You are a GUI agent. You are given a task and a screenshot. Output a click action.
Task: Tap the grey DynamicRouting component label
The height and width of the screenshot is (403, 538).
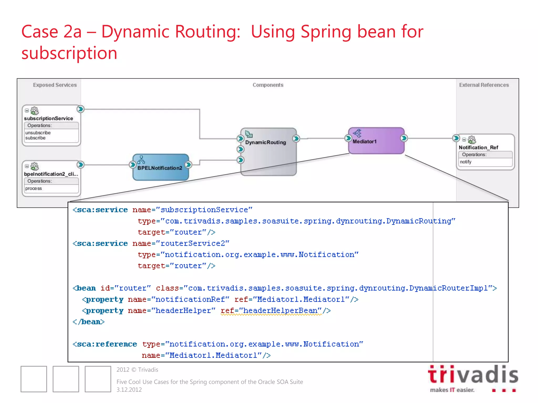click(x=265, y=142)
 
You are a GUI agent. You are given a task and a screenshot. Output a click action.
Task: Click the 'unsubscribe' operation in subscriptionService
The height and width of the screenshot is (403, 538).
click(x=38, y=133)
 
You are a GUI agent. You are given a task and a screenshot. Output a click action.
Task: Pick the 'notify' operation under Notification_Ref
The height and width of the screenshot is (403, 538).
click(x=465, y=162)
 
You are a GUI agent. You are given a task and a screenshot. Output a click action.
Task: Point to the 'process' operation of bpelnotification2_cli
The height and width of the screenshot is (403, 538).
click(x=33, y=188)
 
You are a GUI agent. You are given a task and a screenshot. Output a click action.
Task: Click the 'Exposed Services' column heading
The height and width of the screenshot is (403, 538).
click(x=55, y=85)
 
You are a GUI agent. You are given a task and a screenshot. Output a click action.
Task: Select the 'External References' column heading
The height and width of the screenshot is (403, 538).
click(x=484, y=85)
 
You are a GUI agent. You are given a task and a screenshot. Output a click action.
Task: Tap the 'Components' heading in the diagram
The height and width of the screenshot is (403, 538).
click(x=268, y=85)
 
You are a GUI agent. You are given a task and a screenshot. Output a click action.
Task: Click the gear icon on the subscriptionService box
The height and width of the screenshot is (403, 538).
click(x=34, y=111)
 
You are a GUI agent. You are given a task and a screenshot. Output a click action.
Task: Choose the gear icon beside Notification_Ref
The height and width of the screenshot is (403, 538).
click(x=472, y=140)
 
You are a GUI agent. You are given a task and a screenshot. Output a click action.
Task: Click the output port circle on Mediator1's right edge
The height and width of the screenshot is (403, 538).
click(x=404, y=138)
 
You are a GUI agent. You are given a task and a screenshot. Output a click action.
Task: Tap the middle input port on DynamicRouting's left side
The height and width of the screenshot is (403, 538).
click(x=240, y=149)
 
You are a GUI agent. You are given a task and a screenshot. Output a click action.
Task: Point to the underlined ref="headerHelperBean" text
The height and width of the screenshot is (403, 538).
click(x=271, y=311)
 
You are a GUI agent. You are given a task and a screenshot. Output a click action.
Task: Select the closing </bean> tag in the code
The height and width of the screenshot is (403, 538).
click(x=89, y=322)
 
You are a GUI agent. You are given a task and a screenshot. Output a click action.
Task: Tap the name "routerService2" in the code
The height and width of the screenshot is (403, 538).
click(x=192, y=243)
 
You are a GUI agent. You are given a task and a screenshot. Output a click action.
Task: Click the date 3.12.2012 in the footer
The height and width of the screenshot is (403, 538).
click(x=129, y=390)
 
